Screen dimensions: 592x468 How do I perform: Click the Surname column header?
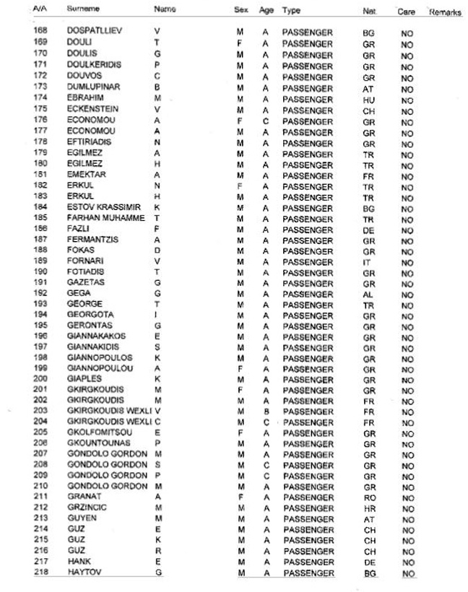coord(83,10)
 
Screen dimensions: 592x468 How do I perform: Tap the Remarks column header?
coord(445,12)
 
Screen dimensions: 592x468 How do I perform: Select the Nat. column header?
coord(369,12)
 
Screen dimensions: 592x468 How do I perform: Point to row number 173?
coord(40,87)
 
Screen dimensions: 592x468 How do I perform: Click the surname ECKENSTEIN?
coord(92,108)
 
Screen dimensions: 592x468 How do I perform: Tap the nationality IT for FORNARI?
coord(368,262)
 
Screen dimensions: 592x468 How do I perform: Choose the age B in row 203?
coord(266,412)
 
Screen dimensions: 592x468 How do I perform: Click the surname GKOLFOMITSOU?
coord(99,433)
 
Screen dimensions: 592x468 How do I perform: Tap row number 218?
coord(40,573)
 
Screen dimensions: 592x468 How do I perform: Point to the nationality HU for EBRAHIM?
coord(369,98)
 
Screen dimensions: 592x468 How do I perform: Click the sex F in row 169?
coord(240,43)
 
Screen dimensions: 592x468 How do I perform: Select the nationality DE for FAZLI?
coord(369,229)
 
